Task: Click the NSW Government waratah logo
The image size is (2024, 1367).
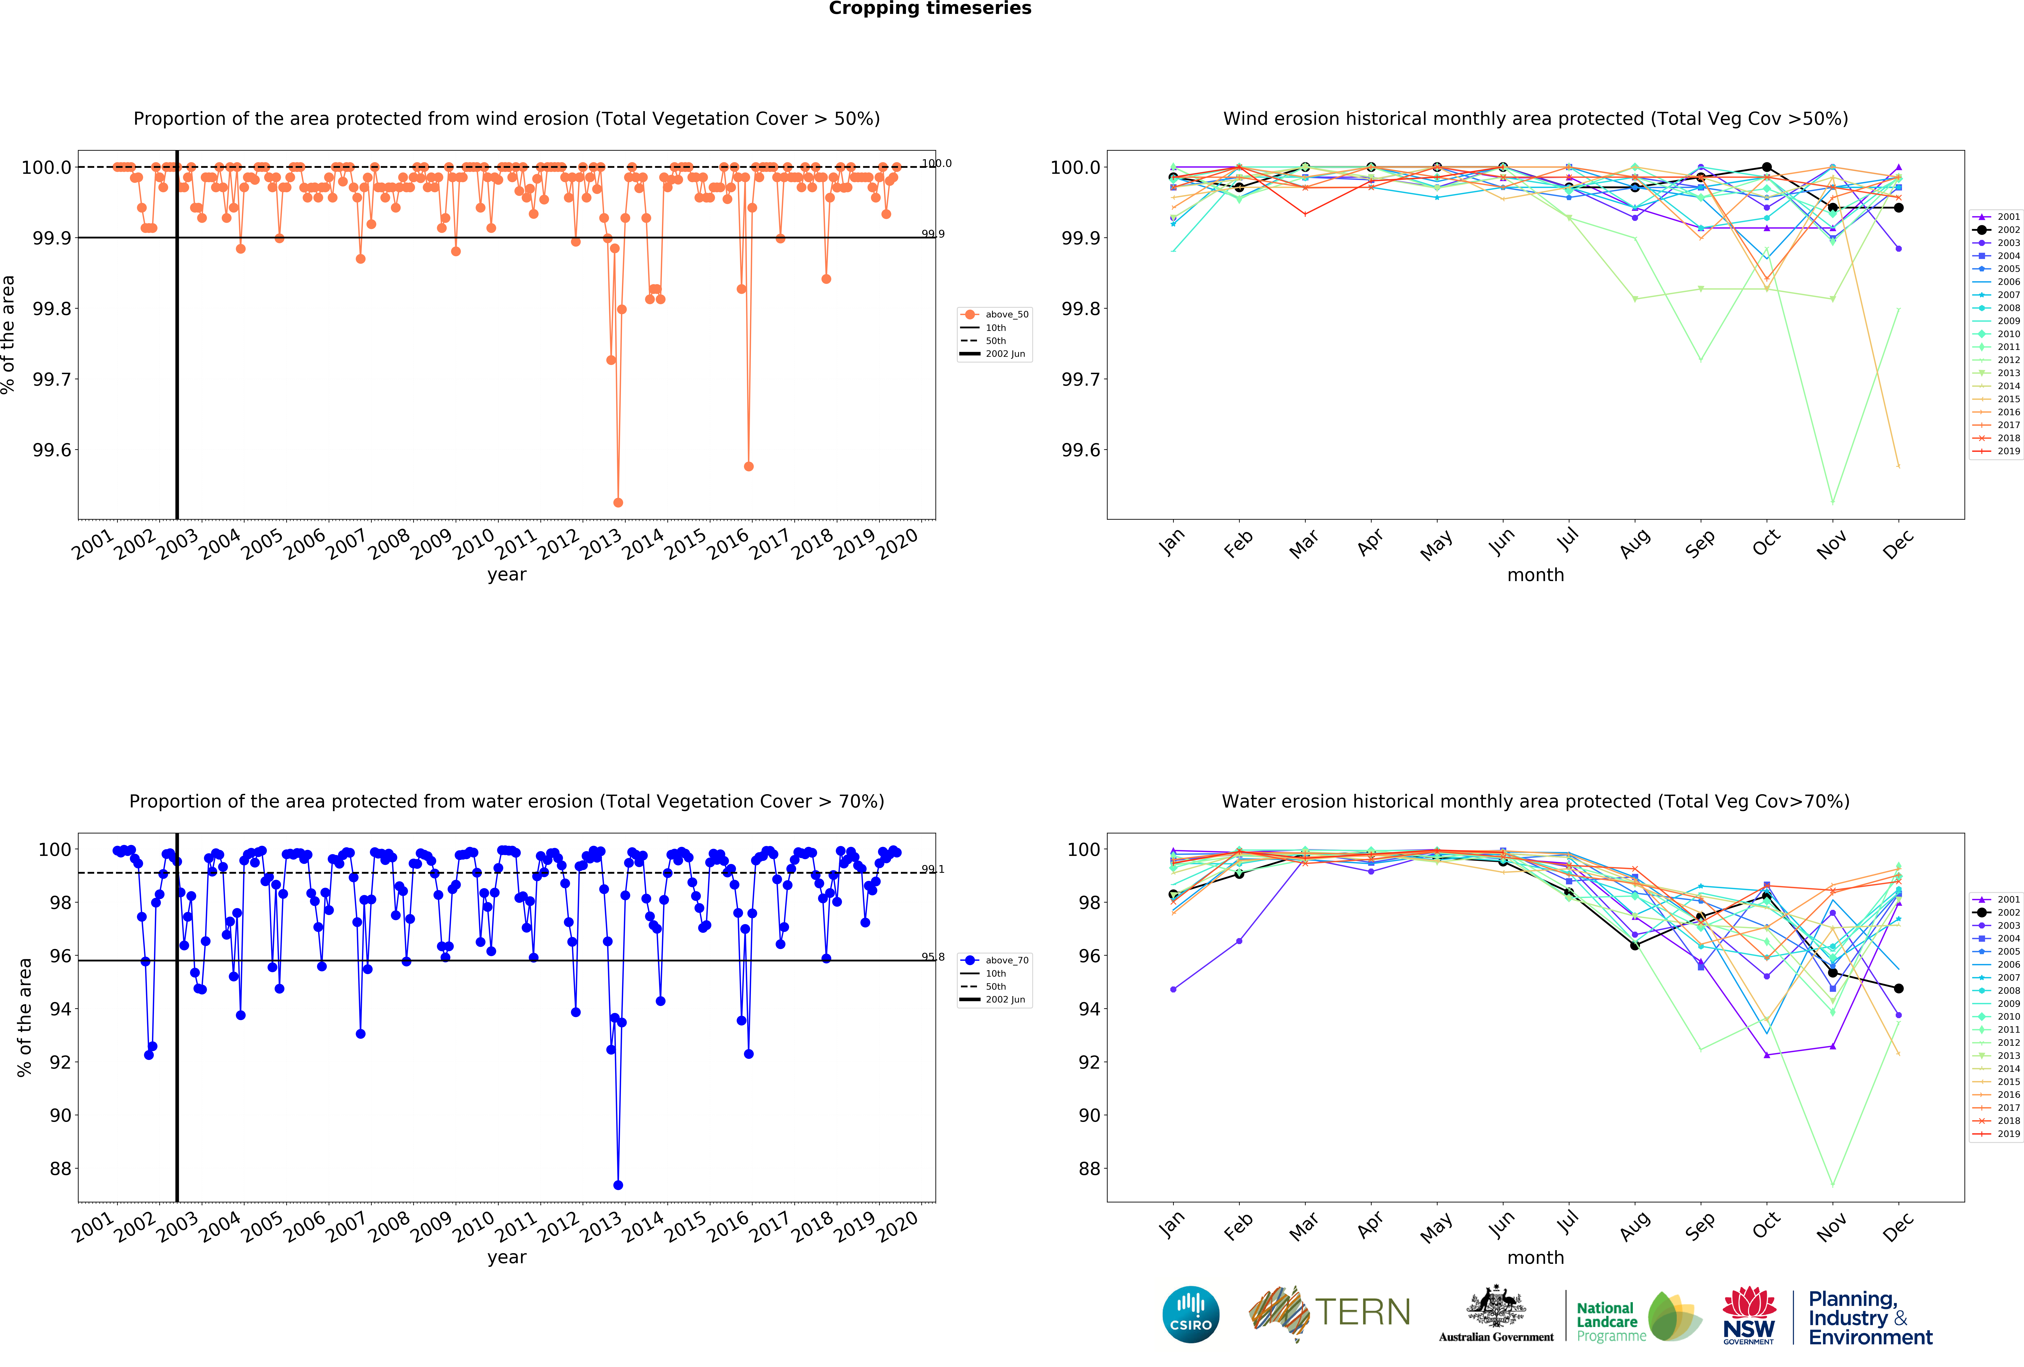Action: click(x=1749, y=1315)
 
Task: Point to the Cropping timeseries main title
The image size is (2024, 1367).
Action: click(x=929, y=9)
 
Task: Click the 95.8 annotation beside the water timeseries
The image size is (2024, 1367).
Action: click(x=933, y=957)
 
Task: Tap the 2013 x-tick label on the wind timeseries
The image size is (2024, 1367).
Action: click(x=600, y=545)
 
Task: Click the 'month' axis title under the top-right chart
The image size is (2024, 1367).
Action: click(x=1535, y=575)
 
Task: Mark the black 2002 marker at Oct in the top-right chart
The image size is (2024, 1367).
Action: click(x=1766, y=167)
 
